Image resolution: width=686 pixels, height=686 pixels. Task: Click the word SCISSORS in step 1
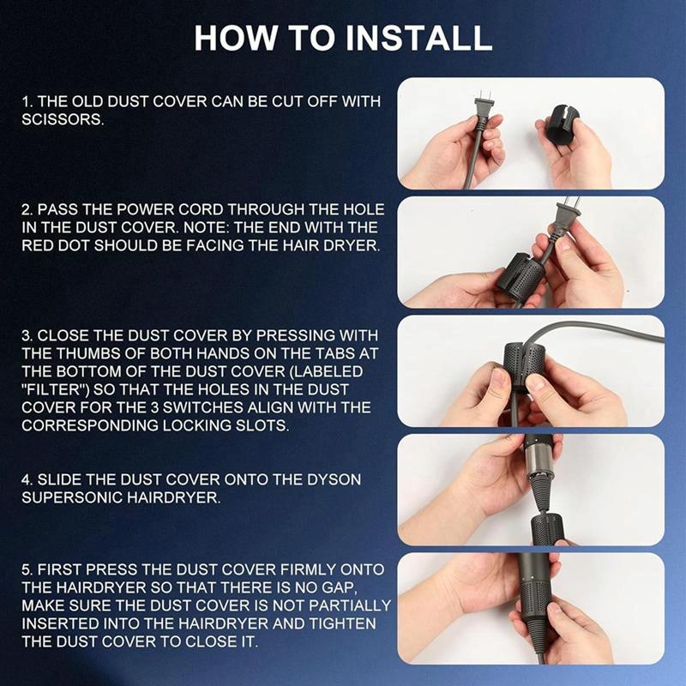(x=63, y=119)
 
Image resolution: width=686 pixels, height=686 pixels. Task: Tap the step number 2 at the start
(x=27, y=210)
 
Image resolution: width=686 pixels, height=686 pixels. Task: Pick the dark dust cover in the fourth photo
(x=549, y=527)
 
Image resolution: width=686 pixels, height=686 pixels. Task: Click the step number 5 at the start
(x=27, y=570)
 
